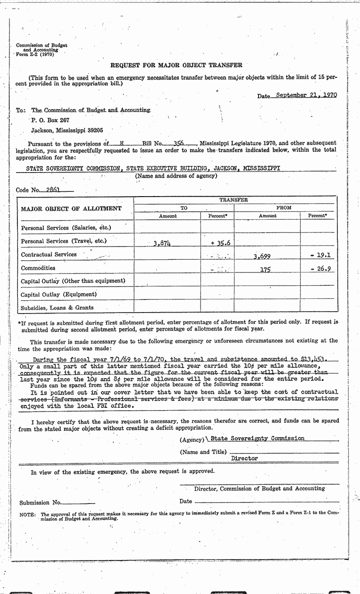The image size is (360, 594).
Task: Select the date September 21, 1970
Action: [306, 95]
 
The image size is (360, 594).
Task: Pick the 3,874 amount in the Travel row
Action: [162, 243]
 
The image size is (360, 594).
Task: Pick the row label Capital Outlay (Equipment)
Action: [59, 295]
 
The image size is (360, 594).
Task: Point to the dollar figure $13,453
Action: [314, 359]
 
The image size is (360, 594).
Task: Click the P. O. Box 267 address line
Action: [50, 120]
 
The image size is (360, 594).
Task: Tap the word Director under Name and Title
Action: [244, 458]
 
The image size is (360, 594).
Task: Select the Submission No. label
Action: [41, 502]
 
